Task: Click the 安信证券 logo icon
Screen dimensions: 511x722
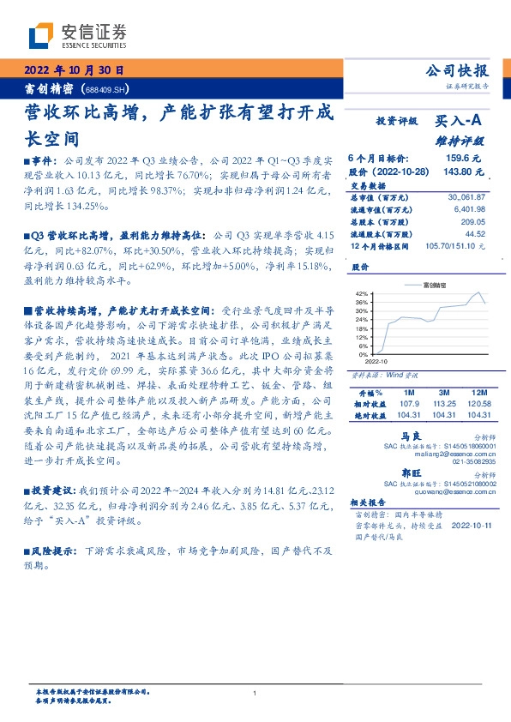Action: click(x=40, y=34)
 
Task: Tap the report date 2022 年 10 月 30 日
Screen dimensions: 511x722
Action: click(x=73, y=70)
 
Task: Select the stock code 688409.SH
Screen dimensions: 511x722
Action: click(x=106, y=88)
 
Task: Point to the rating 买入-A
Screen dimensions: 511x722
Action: click(x=463, y=123)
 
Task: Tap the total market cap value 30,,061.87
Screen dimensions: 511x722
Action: click(x=466, y=197)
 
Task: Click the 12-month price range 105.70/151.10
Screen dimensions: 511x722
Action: click(x=452, y=245)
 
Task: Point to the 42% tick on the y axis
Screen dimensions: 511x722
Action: click(x=362, y=293)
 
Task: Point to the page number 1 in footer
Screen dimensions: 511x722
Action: click(x=255, y=693)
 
